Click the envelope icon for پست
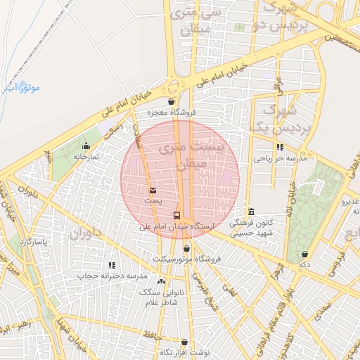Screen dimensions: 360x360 (x=153, y=191)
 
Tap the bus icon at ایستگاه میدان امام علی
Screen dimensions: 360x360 (x=176, y=216)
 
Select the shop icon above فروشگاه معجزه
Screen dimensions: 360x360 (x=172, y=101)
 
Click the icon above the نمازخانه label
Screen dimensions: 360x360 (x=86, y=146)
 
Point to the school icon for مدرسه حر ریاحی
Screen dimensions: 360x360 (x=281, y=148)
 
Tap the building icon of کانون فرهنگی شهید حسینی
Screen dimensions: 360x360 (x=251, y=212)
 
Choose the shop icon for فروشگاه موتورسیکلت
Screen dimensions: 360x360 (x=186, y=248)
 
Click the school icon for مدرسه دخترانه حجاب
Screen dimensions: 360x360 (x=111, y=265)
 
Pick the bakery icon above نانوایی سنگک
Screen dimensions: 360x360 (x=162, y=281)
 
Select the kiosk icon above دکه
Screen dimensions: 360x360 (x=304, y=254)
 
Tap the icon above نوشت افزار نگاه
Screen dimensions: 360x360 (x=185, y=341)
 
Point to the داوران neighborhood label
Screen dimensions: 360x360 (x=85, y=233)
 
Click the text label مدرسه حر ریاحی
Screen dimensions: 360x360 (x=281, y=160)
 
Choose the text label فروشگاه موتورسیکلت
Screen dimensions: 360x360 (x=186, y=259)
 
